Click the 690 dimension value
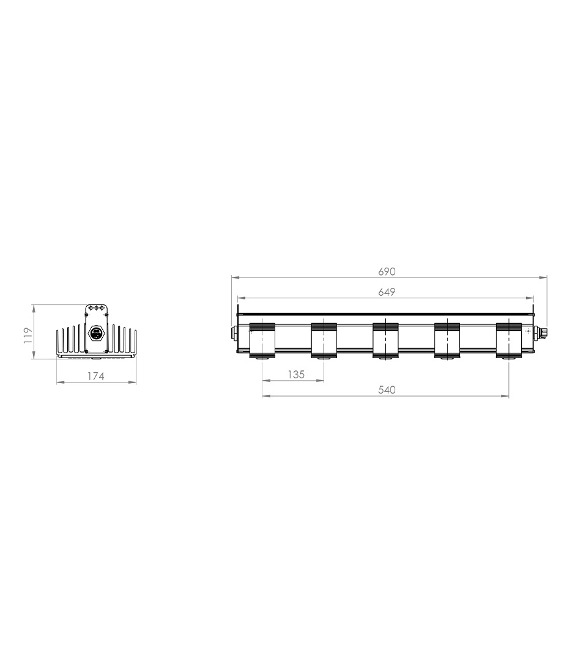point(387,271)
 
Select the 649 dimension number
point(387,291)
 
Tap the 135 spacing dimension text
point(295,374)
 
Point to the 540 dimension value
point(387,390)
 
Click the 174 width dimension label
point(95,376)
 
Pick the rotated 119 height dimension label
point(28,335)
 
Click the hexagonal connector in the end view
point(96,334)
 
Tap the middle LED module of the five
point(385,340)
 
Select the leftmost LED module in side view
point(262,340)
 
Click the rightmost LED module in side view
point(508,340)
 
